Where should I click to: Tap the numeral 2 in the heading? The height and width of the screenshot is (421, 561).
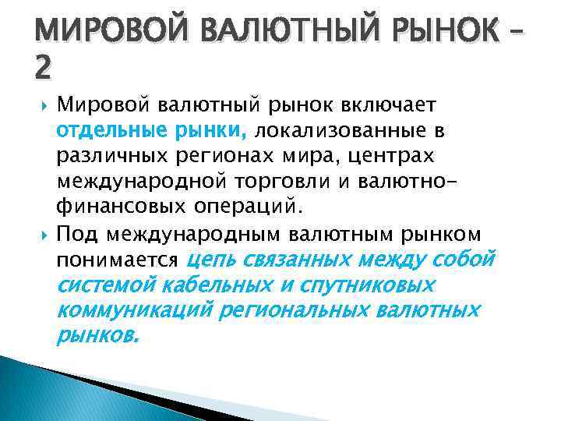point(44,69)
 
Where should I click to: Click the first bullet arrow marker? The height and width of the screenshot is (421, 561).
point(40,106)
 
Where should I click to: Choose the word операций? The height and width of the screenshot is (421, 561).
point(253,207)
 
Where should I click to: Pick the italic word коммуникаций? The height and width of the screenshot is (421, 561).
point(134,311)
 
